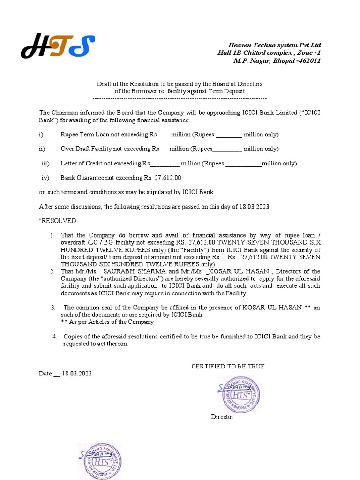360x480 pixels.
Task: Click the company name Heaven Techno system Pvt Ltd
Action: click(x=274, y=45)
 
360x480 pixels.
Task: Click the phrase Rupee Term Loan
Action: click(x=85, y=135)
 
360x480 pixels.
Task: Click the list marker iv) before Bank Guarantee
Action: click(x=45, y=178)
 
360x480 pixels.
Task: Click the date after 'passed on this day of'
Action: click(x=254, y=206)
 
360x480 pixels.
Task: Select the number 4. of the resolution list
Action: click(x=55, y=337)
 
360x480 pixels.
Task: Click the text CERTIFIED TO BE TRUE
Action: click(x=228, y=366)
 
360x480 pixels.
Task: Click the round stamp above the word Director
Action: click(x=238, y=393)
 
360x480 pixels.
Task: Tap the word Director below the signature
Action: click(x=222, y=417)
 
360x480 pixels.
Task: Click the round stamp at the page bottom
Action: click(x=99, y=461)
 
